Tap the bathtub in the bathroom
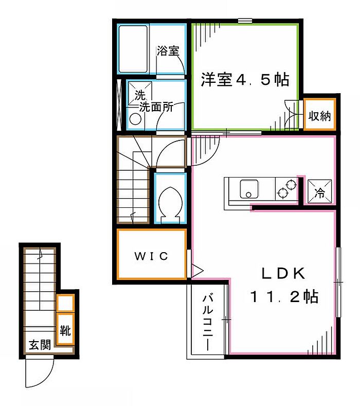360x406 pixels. point(133,48)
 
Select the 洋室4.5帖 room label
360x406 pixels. point(244,80)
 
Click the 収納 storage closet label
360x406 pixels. point(320,116)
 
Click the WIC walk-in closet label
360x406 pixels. point(151,256)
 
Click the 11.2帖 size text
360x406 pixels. point(283,296)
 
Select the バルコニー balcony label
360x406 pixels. point(208,321)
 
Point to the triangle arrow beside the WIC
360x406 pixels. point(196,269)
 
